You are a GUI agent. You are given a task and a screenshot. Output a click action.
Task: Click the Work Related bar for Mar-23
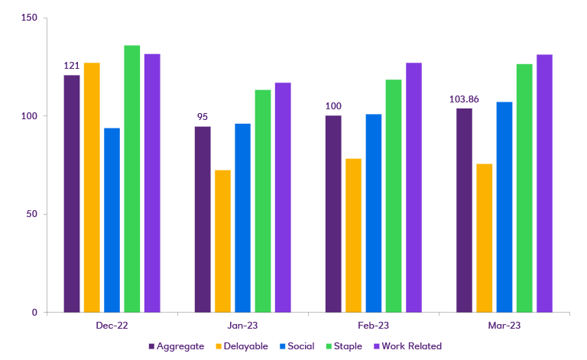[x=544, y=183]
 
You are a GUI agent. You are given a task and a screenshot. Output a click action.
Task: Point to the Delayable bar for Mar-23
[x=485, y=238]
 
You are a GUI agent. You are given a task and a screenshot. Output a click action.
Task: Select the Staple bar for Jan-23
[x=263, y=200]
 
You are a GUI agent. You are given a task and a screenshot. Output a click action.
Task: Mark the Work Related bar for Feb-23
[x=413, y=187]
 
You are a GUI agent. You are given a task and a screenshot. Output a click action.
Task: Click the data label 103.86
[x=464, y=99]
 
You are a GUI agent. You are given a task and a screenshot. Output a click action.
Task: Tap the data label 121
[x=72, y=66]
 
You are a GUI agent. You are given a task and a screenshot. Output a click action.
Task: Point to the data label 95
[x=203, y=117]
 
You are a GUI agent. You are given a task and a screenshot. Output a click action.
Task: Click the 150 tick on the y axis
[x=31, y=18]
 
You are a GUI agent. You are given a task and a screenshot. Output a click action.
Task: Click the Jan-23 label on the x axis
[x=242, y=326]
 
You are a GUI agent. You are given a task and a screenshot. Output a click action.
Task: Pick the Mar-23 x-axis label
[x=504, y=326]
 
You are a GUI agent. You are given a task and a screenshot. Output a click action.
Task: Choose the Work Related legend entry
[x=411, y=346]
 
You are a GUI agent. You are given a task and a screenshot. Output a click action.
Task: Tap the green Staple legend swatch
[x=326, y=346]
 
